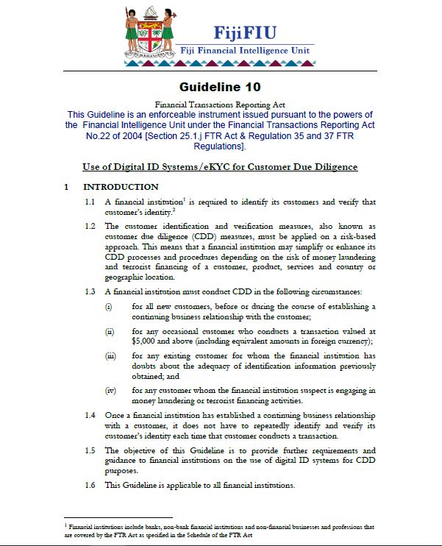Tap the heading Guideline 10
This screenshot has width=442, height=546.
point(221,87)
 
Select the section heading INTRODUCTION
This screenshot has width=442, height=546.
point(121,187)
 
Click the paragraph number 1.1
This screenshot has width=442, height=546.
point(90,202)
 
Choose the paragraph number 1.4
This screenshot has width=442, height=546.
point(90,415)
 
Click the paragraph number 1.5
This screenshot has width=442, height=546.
point(90,450)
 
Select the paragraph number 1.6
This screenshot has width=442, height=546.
point(90,485)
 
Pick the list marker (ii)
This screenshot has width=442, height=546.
point(109,331)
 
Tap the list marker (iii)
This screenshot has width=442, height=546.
point(110,355)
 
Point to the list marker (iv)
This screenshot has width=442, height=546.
point(110,390)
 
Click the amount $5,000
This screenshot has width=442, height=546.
point(146,341)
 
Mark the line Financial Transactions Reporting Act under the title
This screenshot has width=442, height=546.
point(220,105)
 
